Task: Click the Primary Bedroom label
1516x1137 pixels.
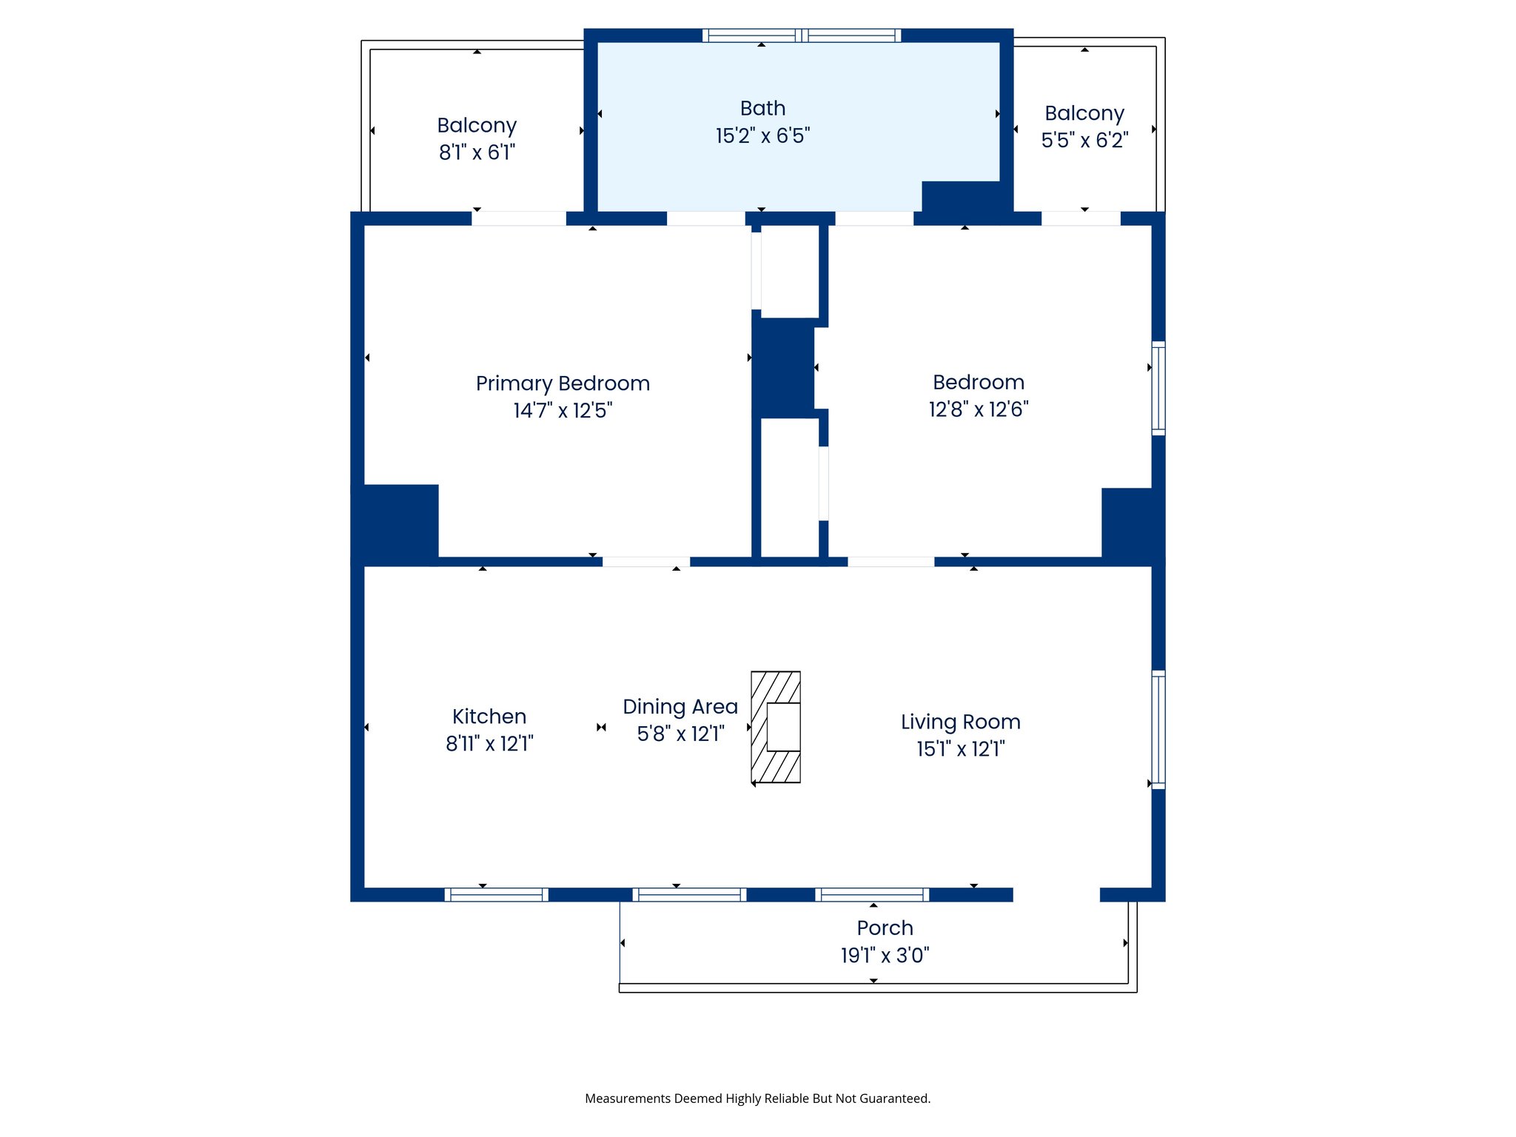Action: point(563,383)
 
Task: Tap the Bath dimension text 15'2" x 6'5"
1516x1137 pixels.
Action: point(762,136)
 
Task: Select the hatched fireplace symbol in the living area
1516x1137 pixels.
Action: point(776,727)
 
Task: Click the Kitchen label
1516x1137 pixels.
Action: point(489,717)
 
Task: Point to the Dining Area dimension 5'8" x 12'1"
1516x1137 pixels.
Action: point(680,734)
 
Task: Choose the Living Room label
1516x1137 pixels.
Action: point(960,722)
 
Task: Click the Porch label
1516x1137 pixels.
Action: point(885,928)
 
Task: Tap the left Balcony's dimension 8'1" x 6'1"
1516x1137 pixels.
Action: point(477,152)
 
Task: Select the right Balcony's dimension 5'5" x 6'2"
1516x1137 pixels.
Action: point(1084,140)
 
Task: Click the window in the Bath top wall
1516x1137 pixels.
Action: point(802,36)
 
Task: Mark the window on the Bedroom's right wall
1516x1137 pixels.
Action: point(1158,388)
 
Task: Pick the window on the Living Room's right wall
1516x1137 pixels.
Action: point(1158,729)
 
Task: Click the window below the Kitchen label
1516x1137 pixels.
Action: point(496,894)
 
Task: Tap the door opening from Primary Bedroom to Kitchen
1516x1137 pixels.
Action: point(646,562)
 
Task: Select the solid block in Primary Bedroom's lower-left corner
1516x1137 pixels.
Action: point(395,523)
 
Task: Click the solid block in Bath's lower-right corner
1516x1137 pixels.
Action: point(966,197)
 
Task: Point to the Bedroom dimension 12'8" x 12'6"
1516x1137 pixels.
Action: point(979,409)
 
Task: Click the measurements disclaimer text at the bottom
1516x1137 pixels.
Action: point(757,1099)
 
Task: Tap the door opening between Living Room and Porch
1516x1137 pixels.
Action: point(1056,894)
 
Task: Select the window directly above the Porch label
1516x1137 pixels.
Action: point(872,894)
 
